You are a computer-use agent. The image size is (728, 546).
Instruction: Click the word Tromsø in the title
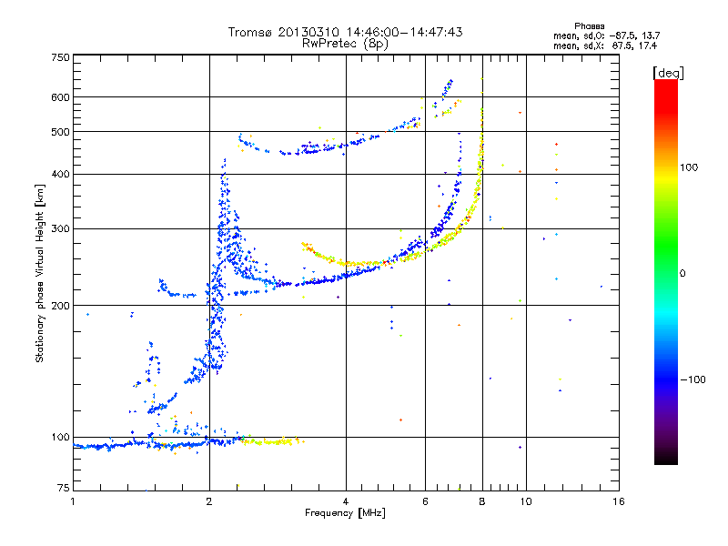click(x=249, y=32)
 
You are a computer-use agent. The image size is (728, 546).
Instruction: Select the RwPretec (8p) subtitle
click(x=345, y=43)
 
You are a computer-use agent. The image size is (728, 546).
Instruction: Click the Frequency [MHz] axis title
click(x=345, y=513)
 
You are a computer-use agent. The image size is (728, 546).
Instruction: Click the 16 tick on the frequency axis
click(x=616, y=500)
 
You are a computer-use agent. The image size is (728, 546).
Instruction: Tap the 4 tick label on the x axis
click(x=346, y=500)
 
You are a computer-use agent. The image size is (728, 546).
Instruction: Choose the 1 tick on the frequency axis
click(x=73, y=500)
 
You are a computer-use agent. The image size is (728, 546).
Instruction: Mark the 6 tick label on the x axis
click(x=425, y=500)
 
